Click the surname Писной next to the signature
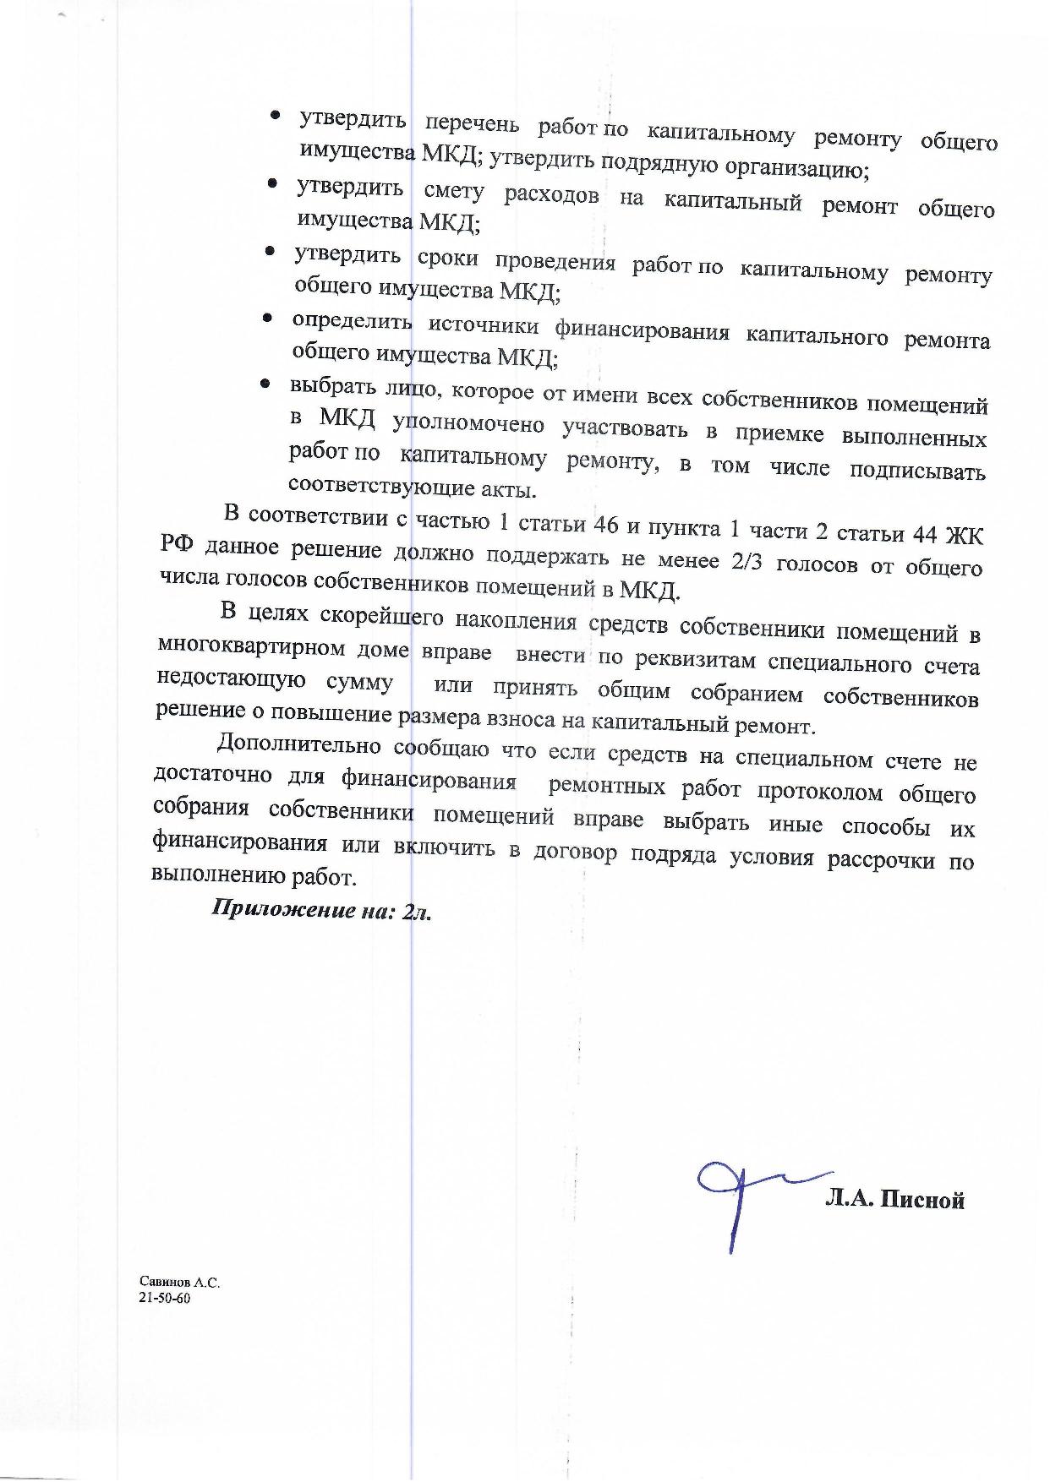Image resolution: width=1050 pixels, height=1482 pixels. (921, 1200)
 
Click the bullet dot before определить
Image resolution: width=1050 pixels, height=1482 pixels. (266, 319)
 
